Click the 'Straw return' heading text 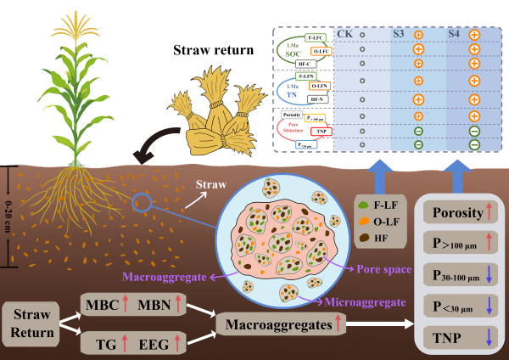(212, 51)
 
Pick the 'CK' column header (346, 34)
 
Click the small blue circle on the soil (143, 201)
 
